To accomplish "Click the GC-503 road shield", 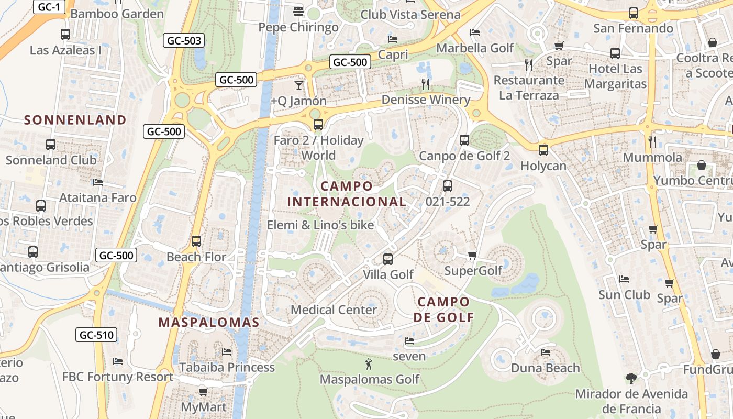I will point(183,40).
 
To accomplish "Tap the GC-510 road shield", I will point(96,335).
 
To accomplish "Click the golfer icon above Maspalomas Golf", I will point(369,363).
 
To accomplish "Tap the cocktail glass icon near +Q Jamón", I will point(298,84).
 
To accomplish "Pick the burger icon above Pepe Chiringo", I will point(298,11).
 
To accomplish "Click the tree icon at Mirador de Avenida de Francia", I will point(631,378).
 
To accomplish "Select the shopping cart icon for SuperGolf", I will point(472,255).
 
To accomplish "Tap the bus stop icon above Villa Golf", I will point(388,259).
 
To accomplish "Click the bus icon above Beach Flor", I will point(196,241).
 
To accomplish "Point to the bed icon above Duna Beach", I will point(546,352).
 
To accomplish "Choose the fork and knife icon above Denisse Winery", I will point(426,84).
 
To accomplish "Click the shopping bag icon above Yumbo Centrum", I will point(702,165).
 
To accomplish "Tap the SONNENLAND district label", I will point(75,120).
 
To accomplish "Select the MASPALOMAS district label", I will point(209,322).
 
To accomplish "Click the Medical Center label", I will point(334,310).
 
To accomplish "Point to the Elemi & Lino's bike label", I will point(320,225).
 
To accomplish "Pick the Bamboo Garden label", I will point(117,14).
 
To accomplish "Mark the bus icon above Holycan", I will point(543,150).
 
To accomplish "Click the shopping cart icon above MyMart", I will point(203,392).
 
